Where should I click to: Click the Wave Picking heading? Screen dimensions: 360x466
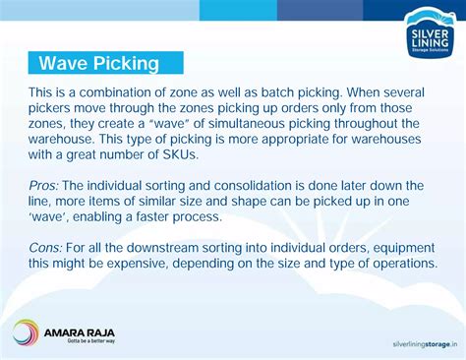(x=99, y=64)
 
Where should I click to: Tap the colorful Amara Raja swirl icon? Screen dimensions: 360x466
(x=27, y=331)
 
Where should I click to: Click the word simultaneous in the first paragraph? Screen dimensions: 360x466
(x=273, y=123)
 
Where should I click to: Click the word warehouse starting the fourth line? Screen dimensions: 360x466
(x=64, y=139)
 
